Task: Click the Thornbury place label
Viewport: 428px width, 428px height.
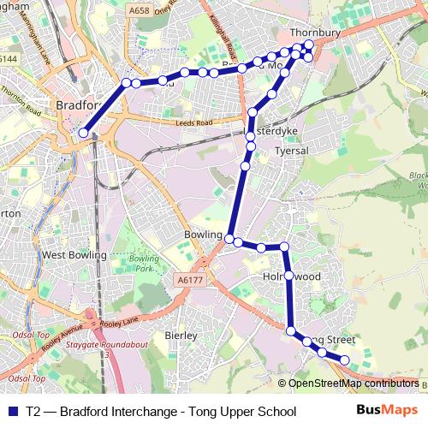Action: pyautogui.click(x=315, y=33)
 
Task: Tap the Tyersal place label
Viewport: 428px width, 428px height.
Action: pyautogui.click(x=290, y=151)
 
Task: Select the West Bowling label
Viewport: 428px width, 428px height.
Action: pyautogui.click(x=74, y=254)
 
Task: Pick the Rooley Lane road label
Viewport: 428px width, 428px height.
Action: pyautogui.click(x=118, y=322)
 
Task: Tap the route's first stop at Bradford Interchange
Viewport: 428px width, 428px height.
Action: pyautogui.click(x=83, y=133)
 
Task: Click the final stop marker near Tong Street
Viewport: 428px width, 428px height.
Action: pyautogui.click(x=345, y=360)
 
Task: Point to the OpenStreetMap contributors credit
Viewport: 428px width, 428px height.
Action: pyautogui.click(x=353, y=383)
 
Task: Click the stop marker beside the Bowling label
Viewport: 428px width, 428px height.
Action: pyautogui.click(x=230, y=237)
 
